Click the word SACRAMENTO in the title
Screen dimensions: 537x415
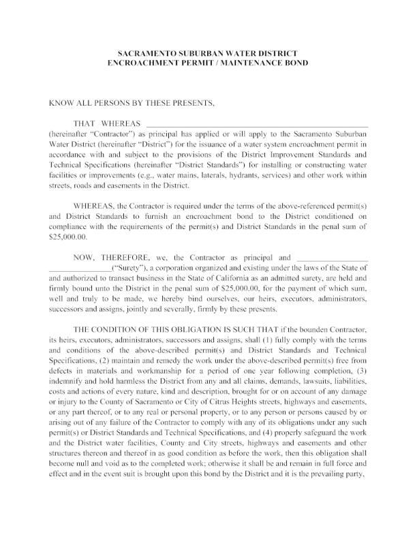[143, 52]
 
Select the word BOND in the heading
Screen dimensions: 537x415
[294, 63]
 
